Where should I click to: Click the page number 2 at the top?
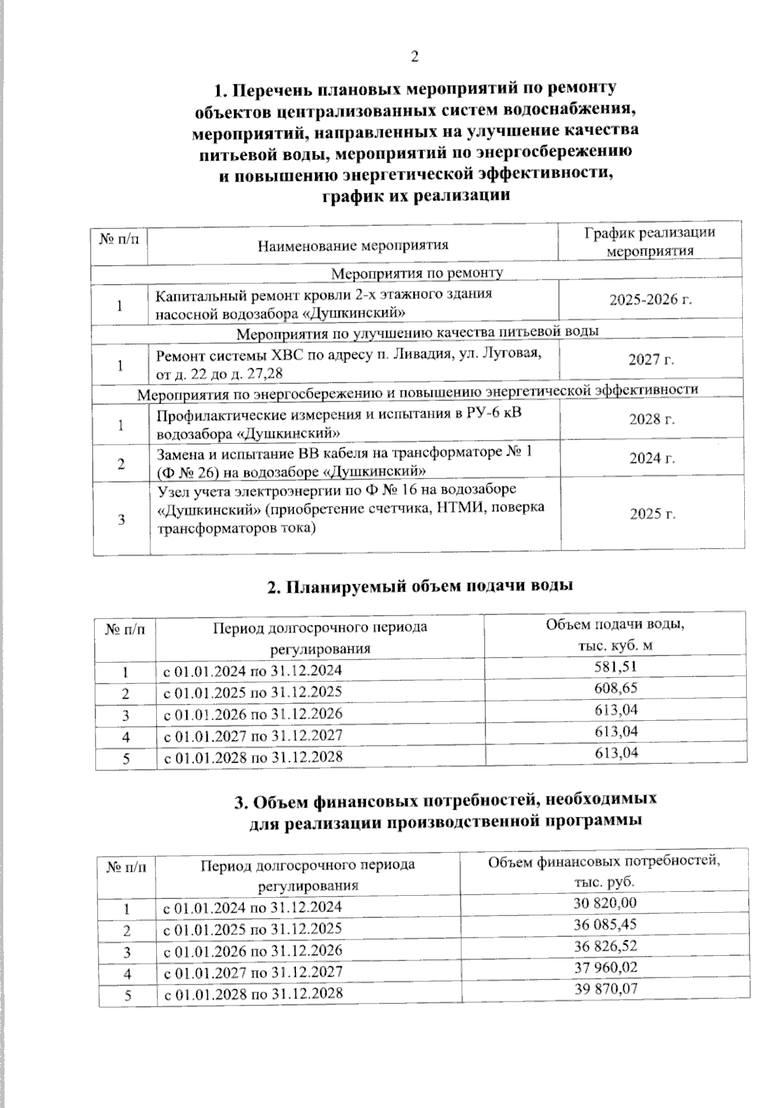click(414, 56)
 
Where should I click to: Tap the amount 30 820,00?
click(605, 903)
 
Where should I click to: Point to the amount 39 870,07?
click(606, 989)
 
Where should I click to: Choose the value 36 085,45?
click(605, 925)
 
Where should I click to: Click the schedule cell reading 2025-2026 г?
click(650, 300)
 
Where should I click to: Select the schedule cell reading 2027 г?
click(651, 359)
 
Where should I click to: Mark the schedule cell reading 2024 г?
click(651, 458)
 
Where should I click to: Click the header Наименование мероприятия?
click(353, 245)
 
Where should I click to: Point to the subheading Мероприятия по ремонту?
click(417, 272)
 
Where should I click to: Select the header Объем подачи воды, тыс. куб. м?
click(615, 635)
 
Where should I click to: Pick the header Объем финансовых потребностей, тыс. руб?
click(604, 871)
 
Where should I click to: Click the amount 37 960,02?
click(606, 968)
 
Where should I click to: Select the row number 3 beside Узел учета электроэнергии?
click(121, 520)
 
